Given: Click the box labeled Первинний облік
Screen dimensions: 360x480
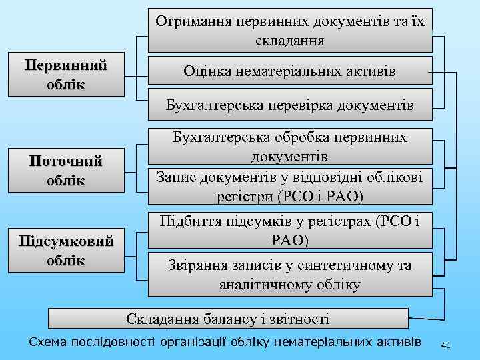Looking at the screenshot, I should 66,76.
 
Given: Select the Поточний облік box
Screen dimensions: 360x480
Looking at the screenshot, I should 66,170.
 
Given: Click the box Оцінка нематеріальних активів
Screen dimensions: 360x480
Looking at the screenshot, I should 290,71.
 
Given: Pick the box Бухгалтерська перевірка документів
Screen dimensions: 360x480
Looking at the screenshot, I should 290,105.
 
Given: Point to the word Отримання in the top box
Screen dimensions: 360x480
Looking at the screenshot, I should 191,20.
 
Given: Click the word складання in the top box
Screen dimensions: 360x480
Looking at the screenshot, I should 290,41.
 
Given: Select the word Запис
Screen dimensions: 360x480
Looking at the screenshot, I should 175,177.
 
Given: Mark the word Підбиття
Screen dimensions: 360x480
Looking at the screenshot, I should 189,222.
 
